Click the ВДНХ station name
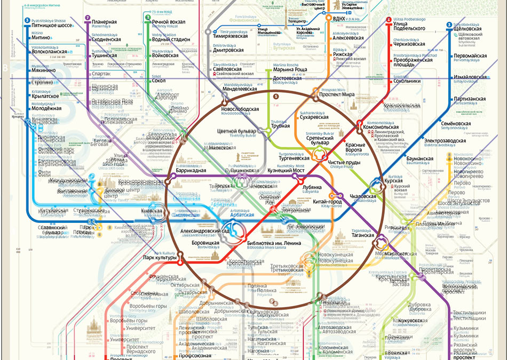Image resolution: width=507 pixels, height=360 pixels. (339, 19)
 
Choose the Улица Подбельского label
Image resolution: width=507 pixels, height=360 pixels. (409, 25)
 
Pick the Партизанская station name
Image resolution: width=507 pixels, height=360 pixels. (470, 99)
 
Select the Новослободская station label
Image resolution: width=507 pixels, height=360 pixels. (240, 109)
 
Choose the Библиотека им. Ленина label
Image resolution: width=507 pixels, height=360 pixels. (274, 243)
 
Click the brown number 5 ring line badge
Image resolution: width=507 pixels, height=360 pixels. (276, 97)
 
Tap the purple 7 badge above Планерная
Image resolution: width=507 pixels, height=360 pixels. (87, 18)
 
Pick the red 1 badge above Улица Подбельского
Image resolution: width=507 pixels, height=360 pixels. (389, 20)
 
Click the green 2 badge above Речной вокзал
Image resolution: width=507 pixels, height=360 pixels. (146, 18)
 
